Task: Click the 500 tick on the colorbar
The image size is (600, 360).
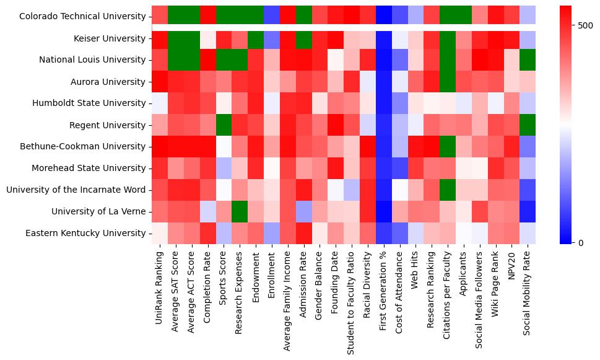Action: [x=585, y=25]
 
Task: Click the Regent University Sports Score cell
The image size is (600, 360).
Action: [x=224, y=125]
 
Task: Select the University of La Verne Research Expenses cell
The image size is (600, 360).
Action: [x=240, y=211]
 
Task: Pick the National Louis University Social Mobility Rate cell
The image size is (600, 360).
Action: [x=528, y=60]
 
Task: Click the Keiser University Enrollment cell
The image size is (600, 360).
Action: [x=272, y=38]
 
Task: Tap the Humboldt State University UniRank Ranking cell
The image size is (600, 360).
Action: [x=159, y=103]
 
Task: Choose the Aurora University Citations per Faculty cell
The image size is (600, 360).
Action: [x=448, y=82]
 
